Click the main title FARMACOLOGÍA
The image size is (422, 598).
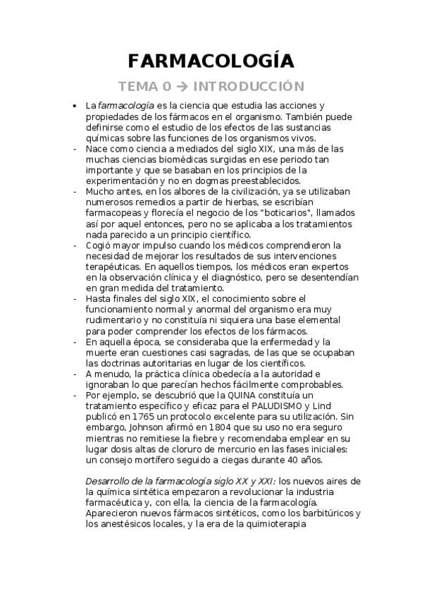point(211,61)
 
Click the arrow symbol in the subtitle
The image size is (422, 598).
point(182,87)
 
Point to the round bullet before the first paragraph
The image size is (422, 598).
point(75,106)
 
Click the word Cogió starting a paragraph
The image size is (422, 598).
point(99,245)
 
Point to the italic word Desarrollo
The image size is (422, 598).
point(108,481)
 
